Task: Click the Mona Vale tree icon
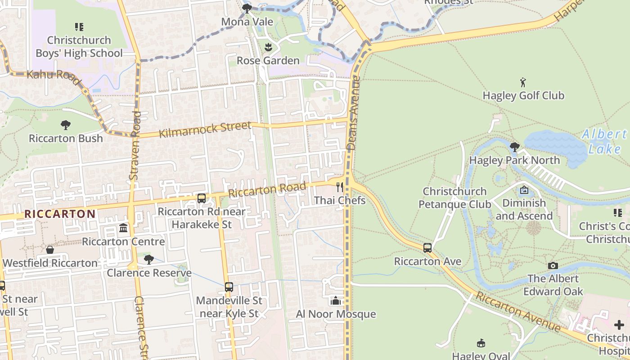click(x=247, y=8)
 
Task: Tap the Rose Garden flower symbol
click(x=268, y=47)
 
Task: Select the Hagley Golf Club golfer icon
click(x=523, y=82)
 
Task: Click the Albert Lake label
click(x=604, y=141)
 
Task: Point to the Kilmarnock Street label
click(x=205, y=130)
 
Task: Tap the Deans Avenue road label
click(x=355, y=112)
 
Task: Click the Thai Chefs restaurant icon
click(x=340, y=187)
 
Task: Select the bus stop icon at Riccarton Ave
click(x=427, y=248)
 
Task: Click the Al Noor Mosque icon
click(x=335, y=301)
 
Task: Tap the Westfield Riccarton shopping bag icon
click(x=50, y=249)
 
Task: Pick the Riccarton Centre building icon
click(x=123, y=228)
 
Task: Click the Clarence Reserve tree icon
click(x=149, y=259)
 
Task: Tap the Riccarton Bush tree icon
click(x=66, y=125)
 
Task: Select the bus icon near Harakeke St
click(x=202, y=198)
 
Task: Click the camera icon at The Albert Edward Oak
click(x=553, y=265)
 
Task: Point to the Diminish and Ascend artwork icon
click(x=524, y=190)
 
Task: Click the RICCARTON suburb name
click(x=59, y=214)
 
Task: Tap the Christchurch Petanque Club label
click(x=454, y=198)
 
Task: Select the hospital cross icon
click(x=619, y=325)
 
